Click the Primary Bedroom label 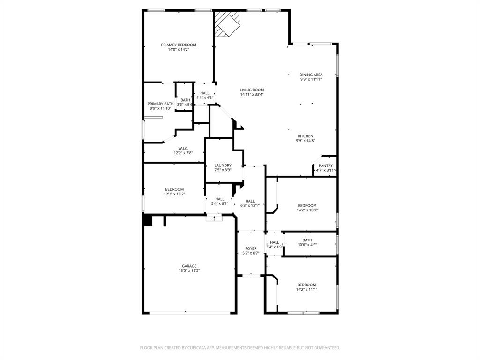[179, 45]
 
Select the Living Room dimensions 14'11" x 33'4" [252, 94]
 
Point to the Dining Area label [311, 75]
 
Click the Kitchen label [305, 136]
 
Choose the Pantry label [325, 165]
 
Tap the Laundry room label [223, 165]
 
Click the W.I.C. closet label [183, 149]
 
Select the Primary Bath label [160, 104]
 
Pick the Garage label [189, 266]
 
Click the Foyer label [251, 248]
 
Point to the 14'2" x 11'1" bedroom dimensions [307, 289]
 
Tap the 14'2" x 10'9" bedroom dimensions [307, 210]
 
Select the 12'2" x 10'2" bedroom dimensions [174, 194]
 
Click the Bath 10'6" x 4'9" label [307, 240]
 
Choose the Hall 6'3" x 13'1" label [250, 201]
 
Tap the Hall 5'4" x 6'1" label [219, 199]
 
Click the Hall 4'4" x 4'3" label [204, 93]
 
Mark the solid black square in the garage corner [148, 220]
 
